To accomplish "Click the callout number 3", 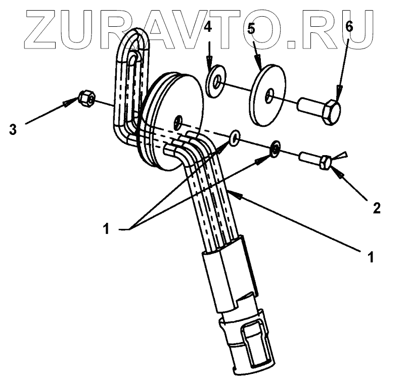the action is click(13, 129).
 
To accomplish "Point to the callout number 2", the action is click(376, 207).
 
